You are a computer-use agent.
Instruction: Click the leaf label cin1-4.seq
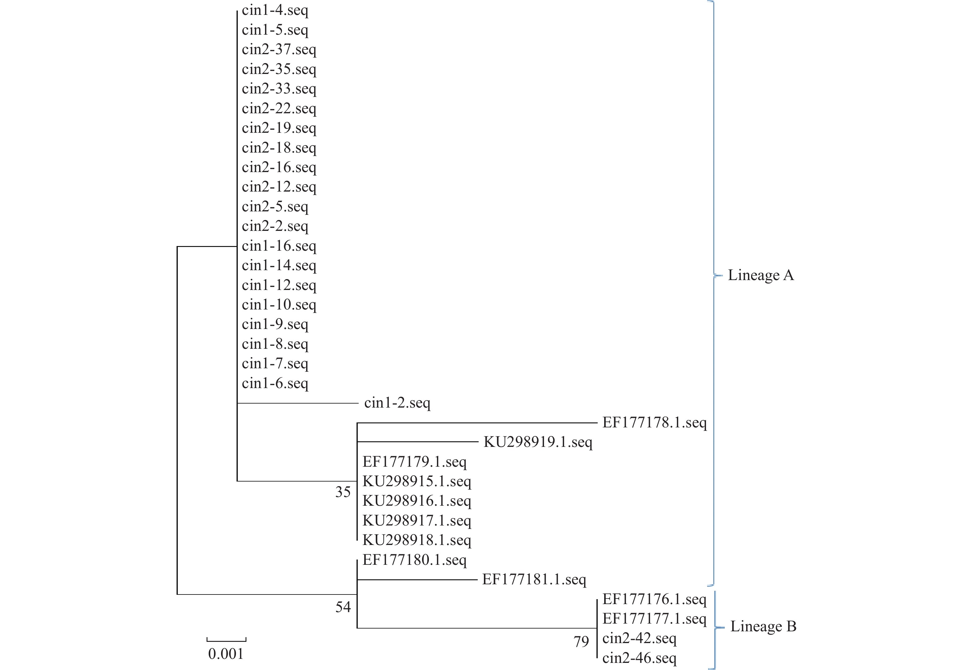point(275,11)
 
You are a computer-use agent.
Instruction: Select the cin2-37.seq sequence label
point(279,50)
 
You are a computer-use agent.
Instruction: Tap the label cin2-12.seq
point(279,187)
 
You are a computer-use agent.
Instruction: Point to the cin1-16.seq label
point(279,246)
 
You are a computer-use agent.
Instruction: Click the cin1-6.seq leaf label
point(275,383)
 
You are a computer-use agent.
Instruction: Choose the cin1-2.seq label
point(397,403)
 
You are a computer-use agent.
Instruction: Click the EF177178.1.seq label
point(654,423)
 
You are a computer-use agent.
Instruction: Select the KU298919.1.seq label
point(538,442)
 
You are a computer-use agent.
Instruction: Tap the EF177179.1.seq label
point(414,462)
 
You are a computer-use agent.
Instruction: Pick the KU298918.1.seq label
point(417,540)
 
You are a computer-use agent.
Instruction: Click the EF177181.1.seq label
point(534,580)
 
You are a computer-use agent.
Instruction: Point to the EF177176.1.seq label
point(654,599)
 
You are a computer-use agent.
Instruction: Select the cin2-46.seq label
point(639,658)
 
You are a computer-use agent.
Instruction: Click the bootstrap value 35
point(343,492)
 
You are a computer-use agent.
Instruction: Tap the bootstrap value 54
point(343,607)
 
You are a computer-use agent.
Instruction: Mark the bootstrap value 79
point(581,642)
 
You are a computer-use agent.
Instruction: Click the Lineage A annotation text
point(760,275)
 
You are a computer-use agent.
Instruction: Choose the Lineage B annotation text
point(763,626)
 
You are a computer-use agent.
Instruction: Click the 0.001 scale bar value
point(226,654)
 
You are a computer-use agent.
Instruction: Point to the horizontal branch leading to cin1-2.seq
point(298,404)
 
